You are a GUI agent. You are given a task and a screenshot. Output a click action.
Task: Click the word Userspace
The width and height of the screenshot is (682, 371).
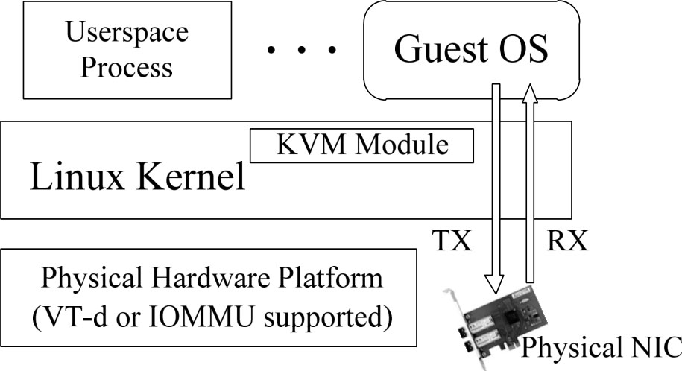coord(127,33)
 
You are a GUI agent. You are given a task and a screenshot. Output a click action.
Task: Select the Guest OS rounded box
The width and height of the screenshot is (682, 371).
coord(470,49)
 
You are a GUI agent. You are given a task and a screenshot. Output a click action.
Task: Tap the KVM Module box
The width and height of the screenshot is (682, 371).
coord(362,145)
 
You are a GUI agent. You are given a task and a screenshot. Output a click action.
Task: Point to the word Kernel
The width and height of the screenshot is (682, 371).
coord(191,177)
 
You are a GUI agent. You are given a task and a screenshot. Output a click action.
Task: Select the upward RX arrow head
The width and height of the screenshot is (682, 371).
coord(530,94)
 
